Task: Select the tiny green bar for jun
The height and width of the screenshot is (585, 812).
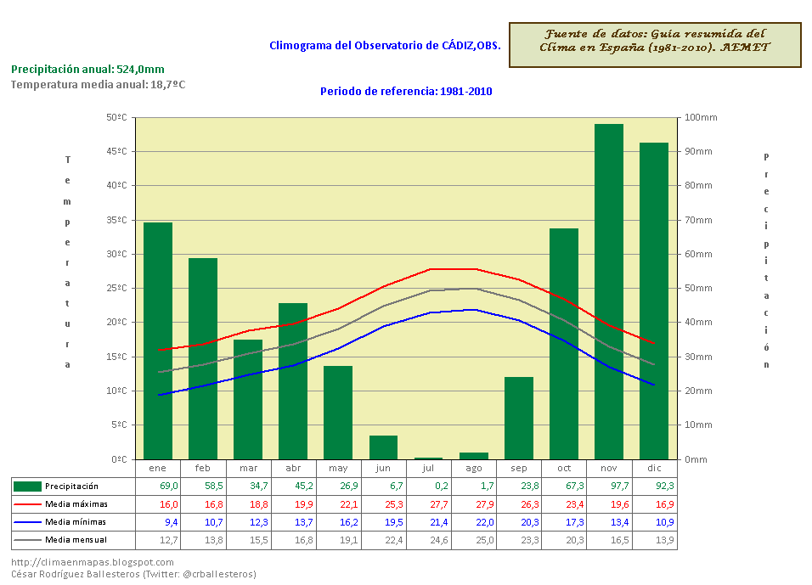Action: click(x=383, y=447)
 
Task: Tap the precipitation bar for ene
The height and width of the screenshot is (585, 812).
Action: click(x=158, y=340)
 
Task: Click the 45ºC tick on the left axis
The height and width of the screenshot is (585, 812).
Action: click(x=117, y=152)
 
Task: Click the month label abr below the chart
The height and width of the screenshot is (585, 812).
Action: click(x=293, y=468)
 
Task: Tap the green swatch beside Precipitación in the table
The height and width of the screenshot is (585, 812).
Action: click(x=27, y=486)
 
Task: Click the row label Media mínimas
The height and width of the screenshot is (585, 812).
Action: click(x=76, y=521)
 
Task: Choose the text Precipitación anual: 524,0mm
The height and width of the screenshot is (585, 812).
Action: click(x=87, y=70)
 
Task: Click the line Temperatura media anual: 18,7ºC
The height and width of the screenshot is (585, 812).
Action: click(x=98, y=85)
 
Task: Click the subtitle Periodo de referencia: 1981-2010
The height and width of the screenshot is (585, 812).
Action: click(x=406, y=92)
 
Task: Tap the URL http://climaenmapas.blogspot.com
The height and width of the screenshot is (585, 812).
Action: click(x=93, y=562)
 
